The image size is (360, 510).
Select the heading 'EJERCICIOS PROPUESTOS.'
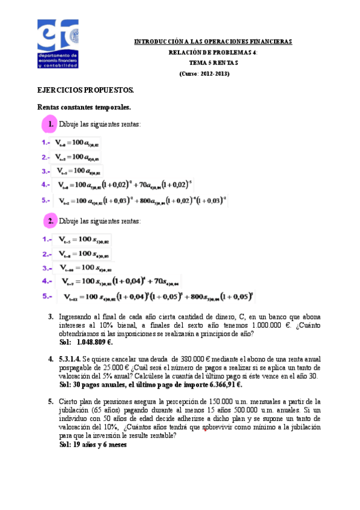tap(85, 90)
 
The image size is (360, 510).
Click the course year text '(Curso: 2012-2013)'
tap(205, 73)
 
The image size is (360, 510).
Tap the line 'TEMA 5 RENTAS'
tap(213, 63)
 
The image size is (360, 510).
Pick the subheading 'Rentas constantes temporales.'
tap(84, 107)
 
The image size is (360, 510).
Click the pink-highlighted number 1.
tap(48, 124)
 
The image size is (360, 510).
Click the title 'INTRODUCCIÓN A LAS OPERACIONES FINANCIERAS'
tap(212, 41)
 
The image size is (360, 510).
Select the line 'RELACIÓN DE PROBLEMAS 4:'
tap(213, 52)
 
